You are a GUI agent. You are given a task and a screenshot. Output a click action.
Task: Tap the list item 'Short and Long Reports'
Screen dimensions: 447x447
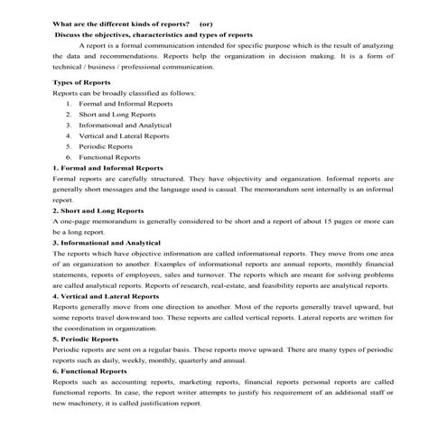click(x=117, y=115)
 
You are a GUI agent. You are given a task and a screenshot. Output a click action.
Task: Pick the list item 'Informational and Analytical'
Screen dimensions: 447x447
click(x=126, y=126)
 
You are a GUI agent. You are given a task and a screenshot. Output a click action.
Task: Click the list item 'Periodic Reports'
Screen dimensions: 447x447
click(x=106, y=146)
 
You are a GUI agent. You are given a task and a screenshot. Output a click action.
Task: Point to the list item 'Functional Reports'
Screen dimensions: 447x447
click(x=109, y=157)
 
